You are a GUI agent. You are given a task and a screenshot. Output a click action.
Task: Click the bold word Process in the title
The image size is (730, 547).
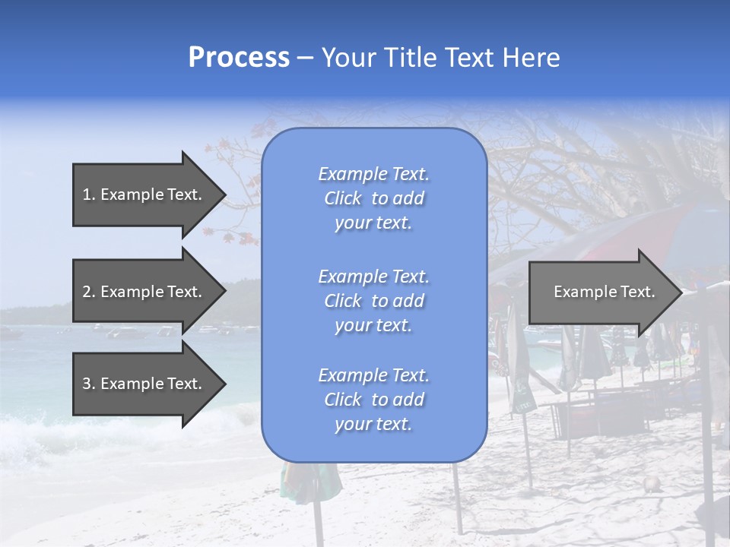[x=239, y=58]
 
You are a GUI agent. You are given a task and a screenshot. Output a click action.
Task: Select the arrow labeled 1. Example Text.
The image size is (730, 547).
[x=144, y=194]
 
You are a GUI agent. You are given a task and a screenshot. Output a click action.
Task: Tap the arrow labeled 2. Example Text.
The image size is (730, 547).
[x=144, y=292]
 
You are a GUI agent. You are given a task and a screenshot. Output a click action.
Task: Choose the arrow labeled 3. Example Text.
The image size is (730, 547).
[x=144, y=384]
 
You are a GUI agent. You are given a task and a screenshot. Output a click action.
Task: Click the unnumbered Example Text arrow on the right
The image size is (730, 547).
[x=604, y=292]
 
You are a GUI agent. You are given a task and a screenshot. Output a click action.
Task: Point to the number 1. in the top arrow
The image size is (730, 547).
[x=88, y=194]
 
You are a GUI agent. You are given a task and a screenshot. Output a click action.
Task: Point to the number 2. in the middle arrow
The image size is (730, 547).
[x=88, y=292]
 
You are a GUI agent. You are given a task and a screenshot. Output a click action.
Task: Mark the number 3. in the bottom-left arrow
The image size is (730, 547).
[x=88, y=384]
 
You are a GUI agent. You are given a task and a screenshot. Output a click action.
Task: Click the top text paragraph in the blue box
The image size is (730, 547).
[x=373, y=198]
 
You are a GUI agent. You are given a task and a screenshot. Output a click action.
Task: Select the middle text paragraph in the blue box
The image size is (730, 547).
[x=373, y=301]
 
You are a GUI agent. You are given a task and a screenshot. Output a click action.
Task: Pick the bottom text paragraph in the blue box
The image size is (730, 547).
[x=373, y=400]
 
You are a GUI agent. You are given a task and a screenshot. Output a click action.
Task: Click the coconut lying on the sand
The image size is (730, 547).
[x=650, y=484]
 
